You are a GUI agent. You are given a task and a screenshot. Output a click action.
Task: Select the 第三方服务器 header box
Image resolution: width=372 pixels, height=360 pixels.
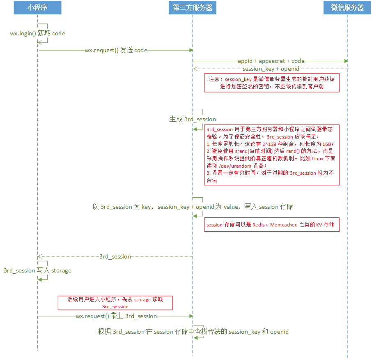[193, 8]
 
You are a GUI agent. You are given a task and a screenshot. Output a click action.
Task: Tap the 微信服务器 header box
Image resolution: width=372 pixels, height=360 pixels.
[347, 8]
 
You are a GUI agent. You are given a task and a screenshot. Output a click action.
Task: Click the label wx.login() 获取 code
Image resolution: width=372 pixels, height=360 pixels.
[37, 33]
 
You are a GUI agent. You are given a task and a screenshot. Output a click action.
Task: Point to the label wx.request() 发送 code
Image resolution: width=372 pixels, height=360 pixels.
[116, 50]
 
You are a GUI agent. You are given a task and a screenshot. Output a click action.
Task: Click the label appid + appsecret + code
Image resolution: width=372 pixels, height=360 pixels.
[271, 61]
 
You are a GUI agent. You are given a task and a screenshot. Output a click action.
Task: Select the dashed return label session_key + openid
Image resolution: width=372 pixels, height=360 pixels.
[271, 69]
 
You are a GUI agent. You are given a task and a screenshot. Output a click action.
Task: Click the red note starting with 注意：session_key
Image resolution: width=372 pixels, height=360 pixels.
[272, 83]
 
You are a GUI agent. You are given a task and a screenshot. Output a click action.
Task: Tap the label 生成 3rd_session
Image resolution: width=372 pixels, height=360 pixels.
[193, 119]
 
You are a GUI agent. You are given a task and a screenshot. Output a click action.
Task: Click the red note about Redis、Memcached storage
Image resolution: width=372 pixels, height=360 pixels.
[272, 225]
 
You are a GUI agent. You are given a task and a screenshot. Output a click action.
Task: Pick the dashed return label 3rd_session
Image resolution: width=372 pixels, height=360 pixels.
[115, 256]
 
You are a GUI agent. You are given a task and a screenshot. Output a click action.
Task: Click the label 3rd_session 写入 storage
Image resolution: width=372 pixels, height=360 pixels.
[37, 270]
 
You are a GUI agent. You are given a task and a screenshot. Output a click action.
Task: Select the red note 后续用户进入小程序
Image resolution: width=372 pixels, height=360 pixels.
[115, 303]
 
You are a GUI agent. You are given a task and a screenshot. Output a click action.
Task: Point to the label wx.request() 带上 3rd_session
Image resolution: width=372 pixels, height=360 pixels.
[116, 316]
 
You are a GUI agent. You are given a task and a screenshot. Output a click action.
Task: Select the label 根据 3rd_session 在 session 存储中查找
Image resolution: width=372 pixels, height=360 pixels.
[193, 332]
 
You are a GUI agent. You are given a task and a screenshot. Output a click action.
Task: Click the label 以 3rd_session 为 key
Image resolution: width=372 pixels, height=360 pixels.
[193, 207]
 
